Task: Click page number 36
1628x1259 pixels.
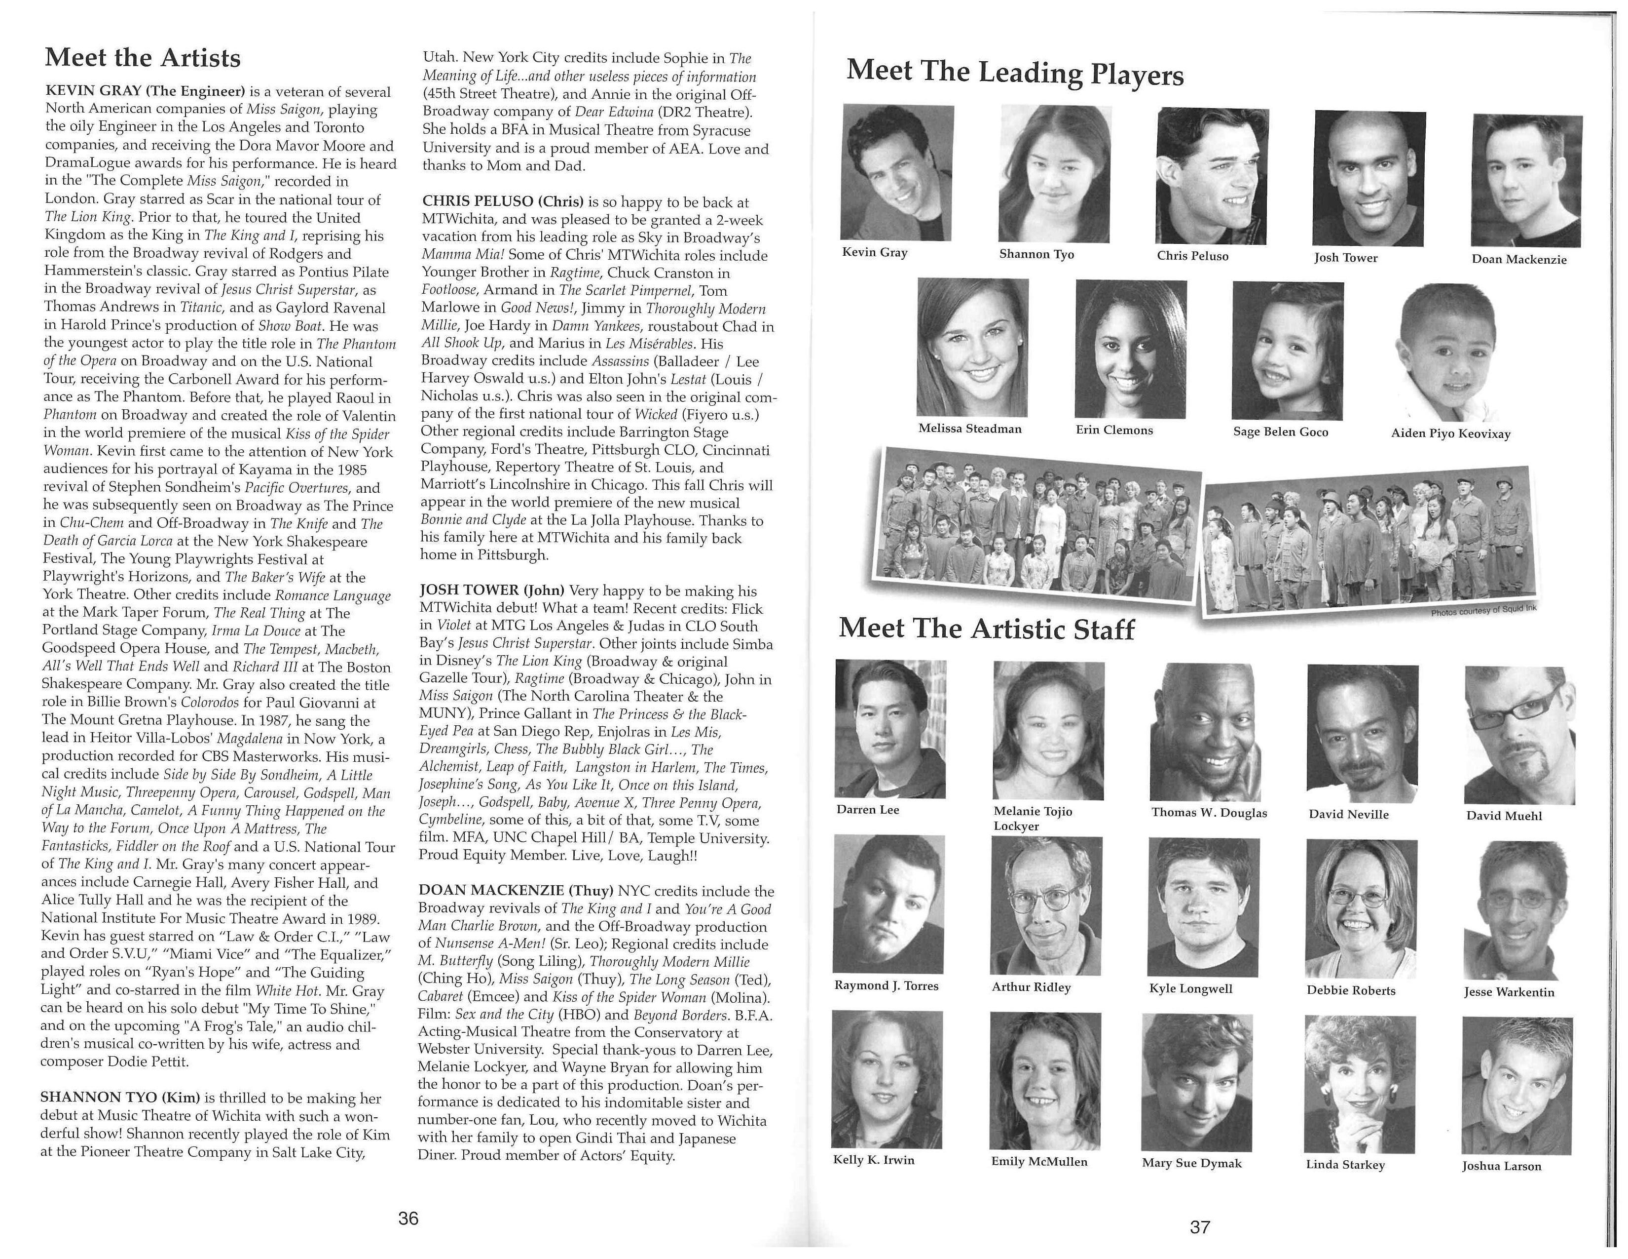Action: (x=408, y=1218)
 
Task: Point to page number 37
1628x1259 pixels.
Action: (x=1199, y=1226)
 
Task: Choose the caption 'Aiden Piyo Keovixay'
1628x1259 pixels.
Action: (x=1450, y=433)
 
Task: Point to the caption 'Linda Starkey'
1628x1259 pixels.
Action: (x=1345, y=1164)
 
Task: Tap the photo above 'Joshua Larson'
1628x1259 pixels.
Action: (x=1516, y=1085)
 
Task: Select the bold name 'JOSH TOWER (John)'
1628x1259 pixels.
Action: (x=492, y=590)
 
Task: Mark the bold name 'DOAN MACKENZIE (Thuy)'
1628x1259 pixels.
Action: (x=515, y=891)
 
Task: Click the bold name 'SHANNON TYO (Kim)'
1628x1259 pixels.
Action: (x=120, y=1098)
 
